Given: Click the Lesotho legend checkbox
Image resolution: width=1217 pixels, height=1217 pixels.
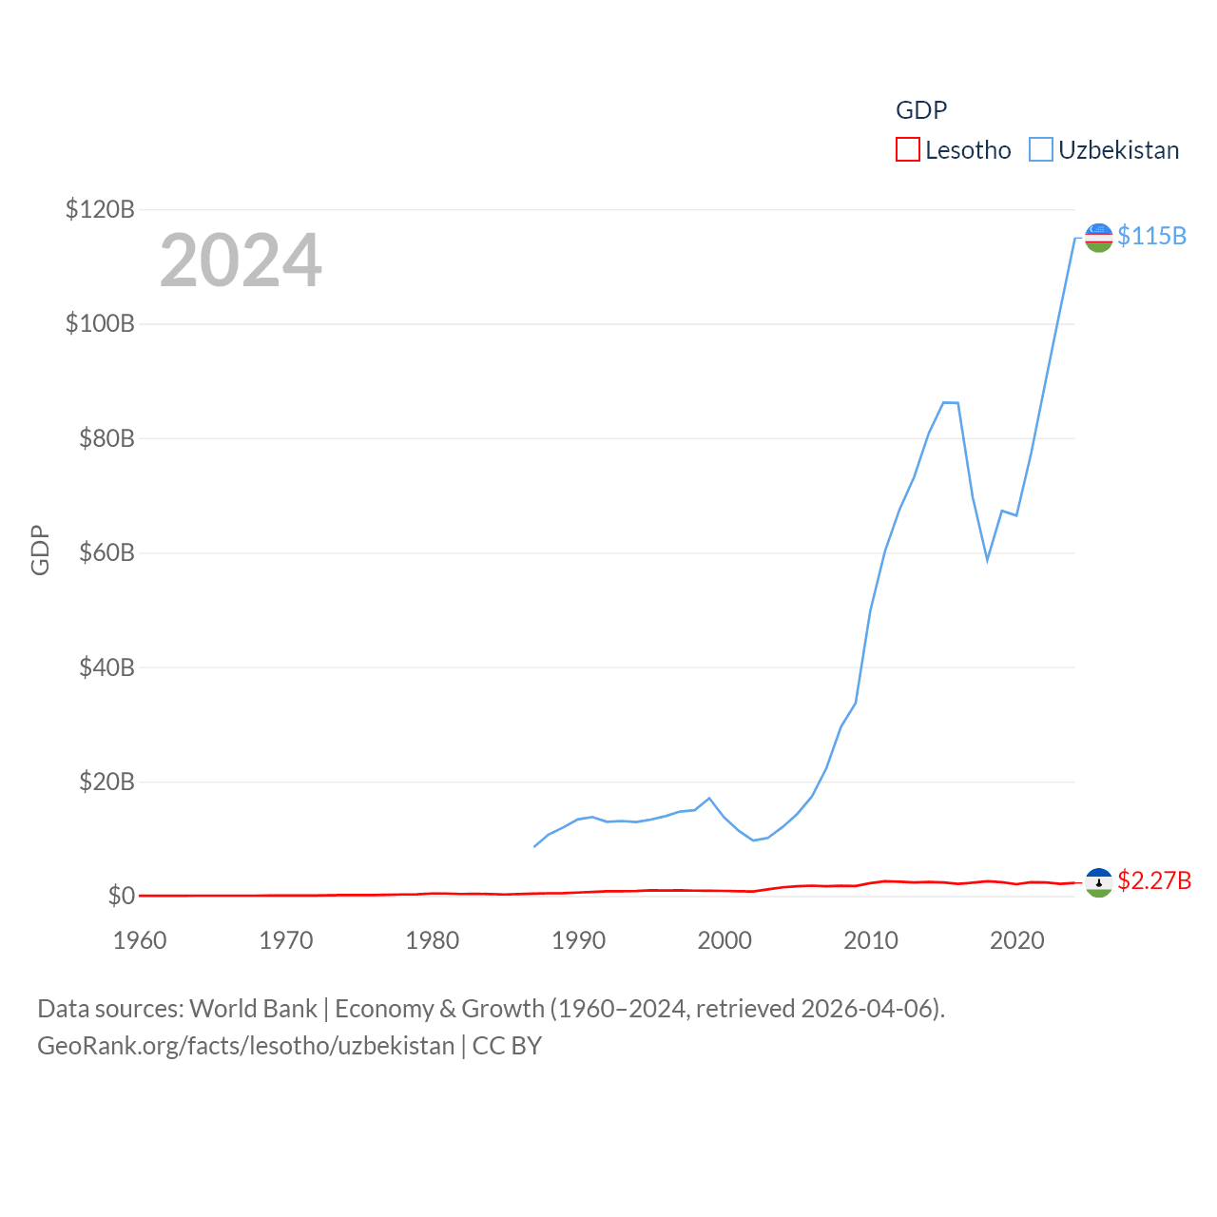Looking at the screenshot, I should tap(908, 150).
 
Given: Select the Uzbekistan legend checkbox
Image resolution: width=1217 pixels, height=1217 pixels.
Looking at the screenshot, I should tap(1041, 150).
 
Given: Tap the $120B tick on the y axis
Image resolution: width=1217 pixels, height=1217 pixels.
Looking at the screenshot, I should tap(100, 209).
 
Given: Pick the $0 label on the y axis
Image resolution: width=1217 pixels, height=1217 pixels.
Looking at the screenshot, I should tap(121, 896).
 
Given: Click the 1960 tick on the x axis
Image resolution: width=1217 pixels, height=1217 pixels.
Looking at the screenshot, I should tap(140, 940).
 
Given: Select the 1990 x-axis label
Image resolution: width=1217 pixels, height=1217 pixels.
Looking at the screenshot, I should tap(578, 940).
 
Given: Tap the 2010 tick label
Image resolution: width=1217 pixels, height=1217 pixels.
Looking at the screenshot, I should tap(871, 940).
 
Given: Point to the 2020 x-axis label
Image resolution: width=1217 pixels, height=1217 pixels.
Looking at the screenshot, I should tap(1017, 940).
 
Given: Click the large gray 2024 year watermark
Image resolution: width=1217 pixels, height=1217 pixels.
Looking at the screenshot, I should tap(241, 261).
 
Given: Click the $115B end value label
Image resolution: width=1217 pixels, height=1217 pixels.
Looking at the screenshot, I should tap(1151, 236).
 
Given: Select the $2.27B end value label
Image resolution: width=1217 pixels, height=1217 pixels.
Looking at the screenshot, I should tap(1154, 880).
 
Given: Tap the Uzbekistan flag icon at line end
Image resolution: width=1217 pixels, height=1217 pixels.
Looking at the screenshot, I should tap(1098, 238).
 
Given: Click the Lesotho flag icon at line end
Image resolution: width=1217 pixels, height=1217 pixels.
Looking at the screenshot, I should tap(1098, 882).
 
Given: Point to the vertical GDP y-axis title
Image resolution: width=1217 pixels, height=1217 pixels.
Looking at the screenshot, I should tap(40, 550).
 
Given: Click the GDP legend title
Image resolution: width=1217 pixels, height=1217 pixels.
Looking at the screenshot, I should tap(921, 110).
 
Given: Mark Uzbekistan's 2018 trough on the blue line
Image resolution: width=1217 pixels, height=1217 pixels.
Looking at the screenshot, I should tap(988, 559).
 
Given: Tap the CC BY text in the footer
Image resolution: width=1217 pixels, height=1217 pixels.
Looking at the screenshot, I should tap(507, 1046).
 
